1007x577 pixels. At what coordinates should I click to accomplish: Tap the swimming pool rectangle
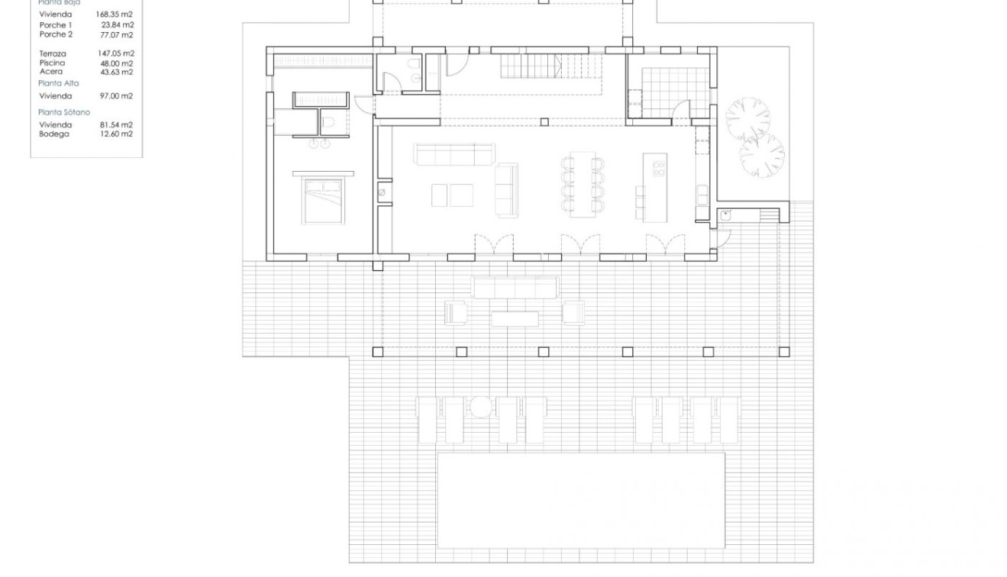click(x=580, y=500)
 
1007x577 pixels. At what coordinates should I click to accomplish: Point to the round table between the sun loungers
click(x=481, y=408)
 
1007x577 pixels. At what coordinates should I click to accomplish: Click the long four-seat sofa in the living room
click(x=453, y=154)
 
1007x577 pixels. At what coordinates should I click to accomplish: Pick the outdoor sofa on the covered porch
click(x=515, y=288)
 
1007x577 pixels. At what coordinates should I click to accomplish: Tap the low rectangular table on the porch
click(x=515, y=318)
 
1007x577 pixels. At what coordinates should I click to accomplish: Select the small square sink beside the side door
click(x=725, y=216)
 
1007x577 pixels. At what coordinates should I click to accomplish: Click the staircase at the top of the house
click(x=551, y=66)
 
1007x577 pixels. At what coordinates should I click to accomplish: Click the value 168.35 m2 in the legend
click(x=115, y=14)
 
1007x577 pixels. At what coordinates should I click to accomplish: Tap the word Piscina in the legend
click(x=53, y=63)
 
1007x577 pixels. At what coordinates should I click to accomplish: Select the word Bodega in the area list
click(x=54, y=134)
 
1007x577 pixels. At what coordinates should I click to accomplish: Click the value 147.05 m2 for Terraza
click(x=115, y=53)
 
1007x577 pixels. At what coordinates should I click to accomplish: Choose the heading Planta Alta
click(x=59, y=82)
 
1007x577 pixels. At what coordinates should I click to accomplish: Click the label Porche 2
click(x=56, y=34)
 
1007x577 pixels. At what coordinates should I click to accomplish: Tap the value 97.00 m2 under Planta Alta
click(x=117, y=96)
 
